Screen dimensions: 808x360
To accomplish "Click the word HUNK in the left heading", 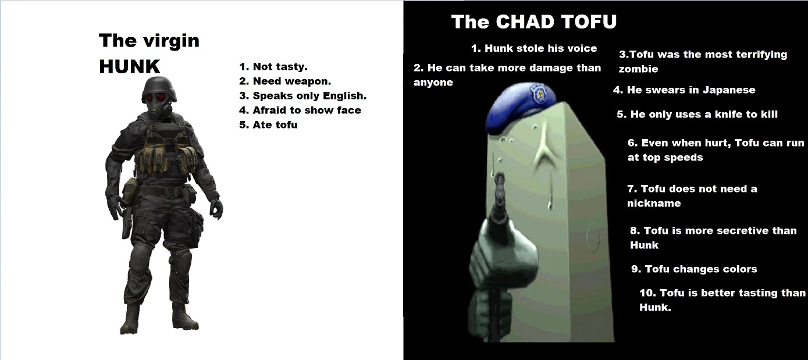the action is [129, 66].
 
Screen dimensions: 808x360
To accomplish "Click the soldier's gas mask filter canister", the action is [155, 113].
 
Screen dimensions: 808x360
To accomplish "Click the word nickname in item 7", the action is [654, 204].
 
